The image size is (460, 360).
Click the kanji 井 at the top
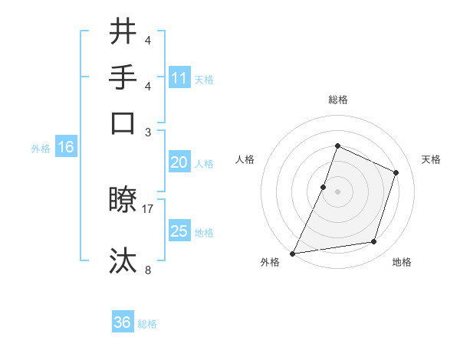coord(123,33)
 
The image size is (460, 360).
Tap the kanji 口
coord(123,123)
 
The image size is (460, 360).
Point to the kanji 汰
coord(123,260)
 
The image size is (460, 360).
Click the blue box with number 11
coord(179,78)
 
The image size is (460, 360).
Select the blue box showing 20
coord(179,162)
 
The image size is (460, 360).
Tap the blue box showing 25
coord(179,231)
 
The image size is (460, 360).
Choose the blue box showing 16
coord(66,148)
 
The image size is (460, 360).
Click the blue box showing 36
coord(123,322)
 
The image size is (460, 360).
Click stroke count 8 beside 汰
coord(148,269)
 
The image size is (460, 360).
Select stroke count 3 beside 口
coord(148,132)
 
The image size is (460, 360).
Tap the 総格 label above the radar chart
coord(337,100)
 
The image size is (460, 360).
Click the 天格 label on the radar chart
coord(431,159)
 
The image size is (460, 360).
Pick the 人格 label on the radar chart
coord(245,159)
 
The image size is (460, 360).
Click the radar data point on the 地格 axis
coord(374,242)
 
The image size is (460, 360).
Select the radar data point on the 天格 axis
coord(396,172)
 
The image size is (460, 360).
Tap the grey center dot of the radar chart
coord(337,191)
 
